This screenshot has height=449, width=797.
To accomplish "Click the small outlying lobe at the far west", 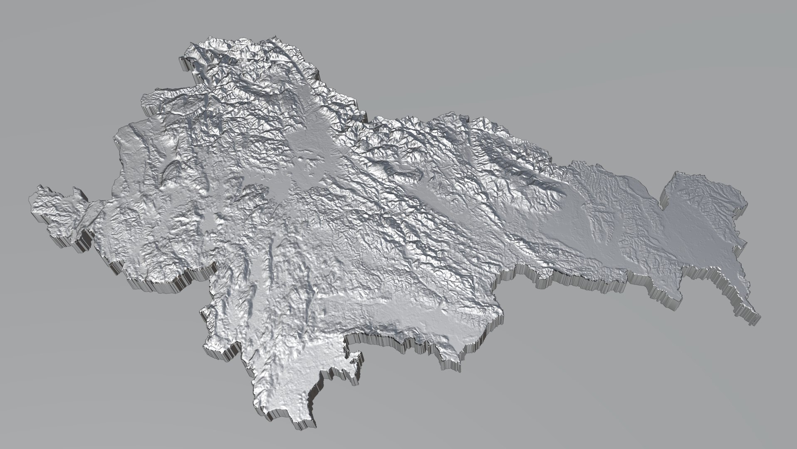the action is tap(58, 208).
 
